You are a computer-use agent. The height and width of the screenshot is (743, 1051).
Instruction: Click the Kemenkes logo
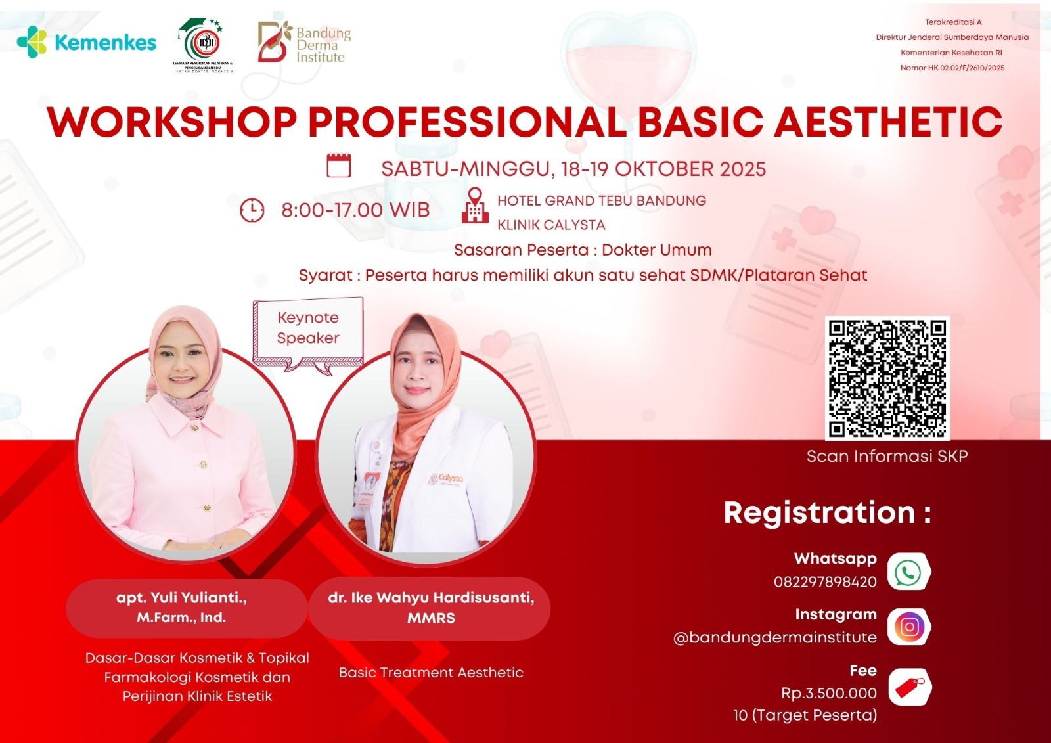click(87, 43)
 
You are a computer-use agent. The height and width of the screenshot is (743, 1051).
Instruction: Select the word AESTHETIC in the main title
click(888, 122)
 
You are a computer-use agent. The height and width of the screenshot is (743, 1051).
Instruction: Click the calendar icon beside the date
click(339, 166)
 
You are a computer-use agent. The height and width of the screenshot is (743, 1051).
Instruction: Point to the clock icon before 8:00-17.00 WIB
click(252, 210)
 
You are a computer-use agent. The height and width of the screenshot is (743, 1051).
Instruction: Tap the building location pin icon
click(475, 206)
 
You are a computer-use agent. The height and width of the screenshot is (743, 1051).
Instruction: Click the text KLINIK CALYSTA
click(551, 225)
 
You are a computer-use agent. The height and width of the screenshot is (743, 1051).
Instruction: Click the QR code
click(887, 378)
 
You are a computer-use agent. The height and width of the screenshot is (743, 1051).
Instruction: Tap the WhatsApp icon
click(908, 572)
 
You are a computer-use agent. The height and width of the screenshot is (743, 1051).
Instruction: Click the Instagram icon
click(909, 627)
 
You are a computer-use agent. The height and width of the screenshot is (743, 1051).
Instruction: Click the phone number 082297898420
click(825, 582)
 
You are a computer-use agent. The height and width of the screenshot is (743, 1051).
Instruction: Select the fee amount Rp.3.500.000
click(829, 693)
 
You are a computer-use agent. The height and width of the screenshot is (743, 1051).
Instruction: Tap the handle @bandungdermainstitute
click(775, 637)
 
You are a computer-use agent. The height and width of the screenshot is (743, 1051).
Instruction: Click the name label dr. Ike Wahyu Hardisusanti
click(431, 608)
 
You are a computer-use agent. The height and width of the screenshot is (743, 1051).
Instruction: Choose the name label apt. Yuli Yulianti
click(182, 608)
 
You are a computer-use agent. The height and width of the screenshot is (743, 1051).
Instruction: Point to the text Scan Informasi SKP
click(887, 456)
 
